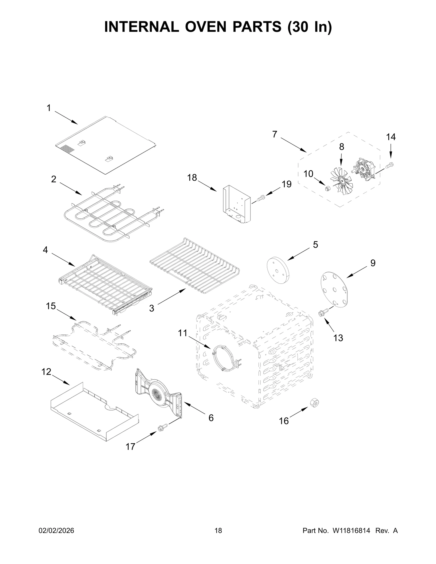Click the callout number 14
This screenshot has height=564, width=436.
click(x=390, y=137)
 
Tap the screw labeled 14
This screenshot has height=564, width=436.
click(x=390, y=164)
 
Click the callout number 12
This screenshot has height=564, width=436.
click(x=46, y=371)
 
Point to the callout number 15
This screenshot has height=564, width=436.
click(x=51, y=306)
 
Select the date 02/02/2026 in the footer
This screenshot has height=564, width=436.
click(x=57, y=538)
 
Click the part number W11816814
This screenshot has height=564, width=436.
click(x=350, y=538)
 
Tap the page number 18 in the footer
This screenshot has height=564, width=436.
click(x=218, y=538)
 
